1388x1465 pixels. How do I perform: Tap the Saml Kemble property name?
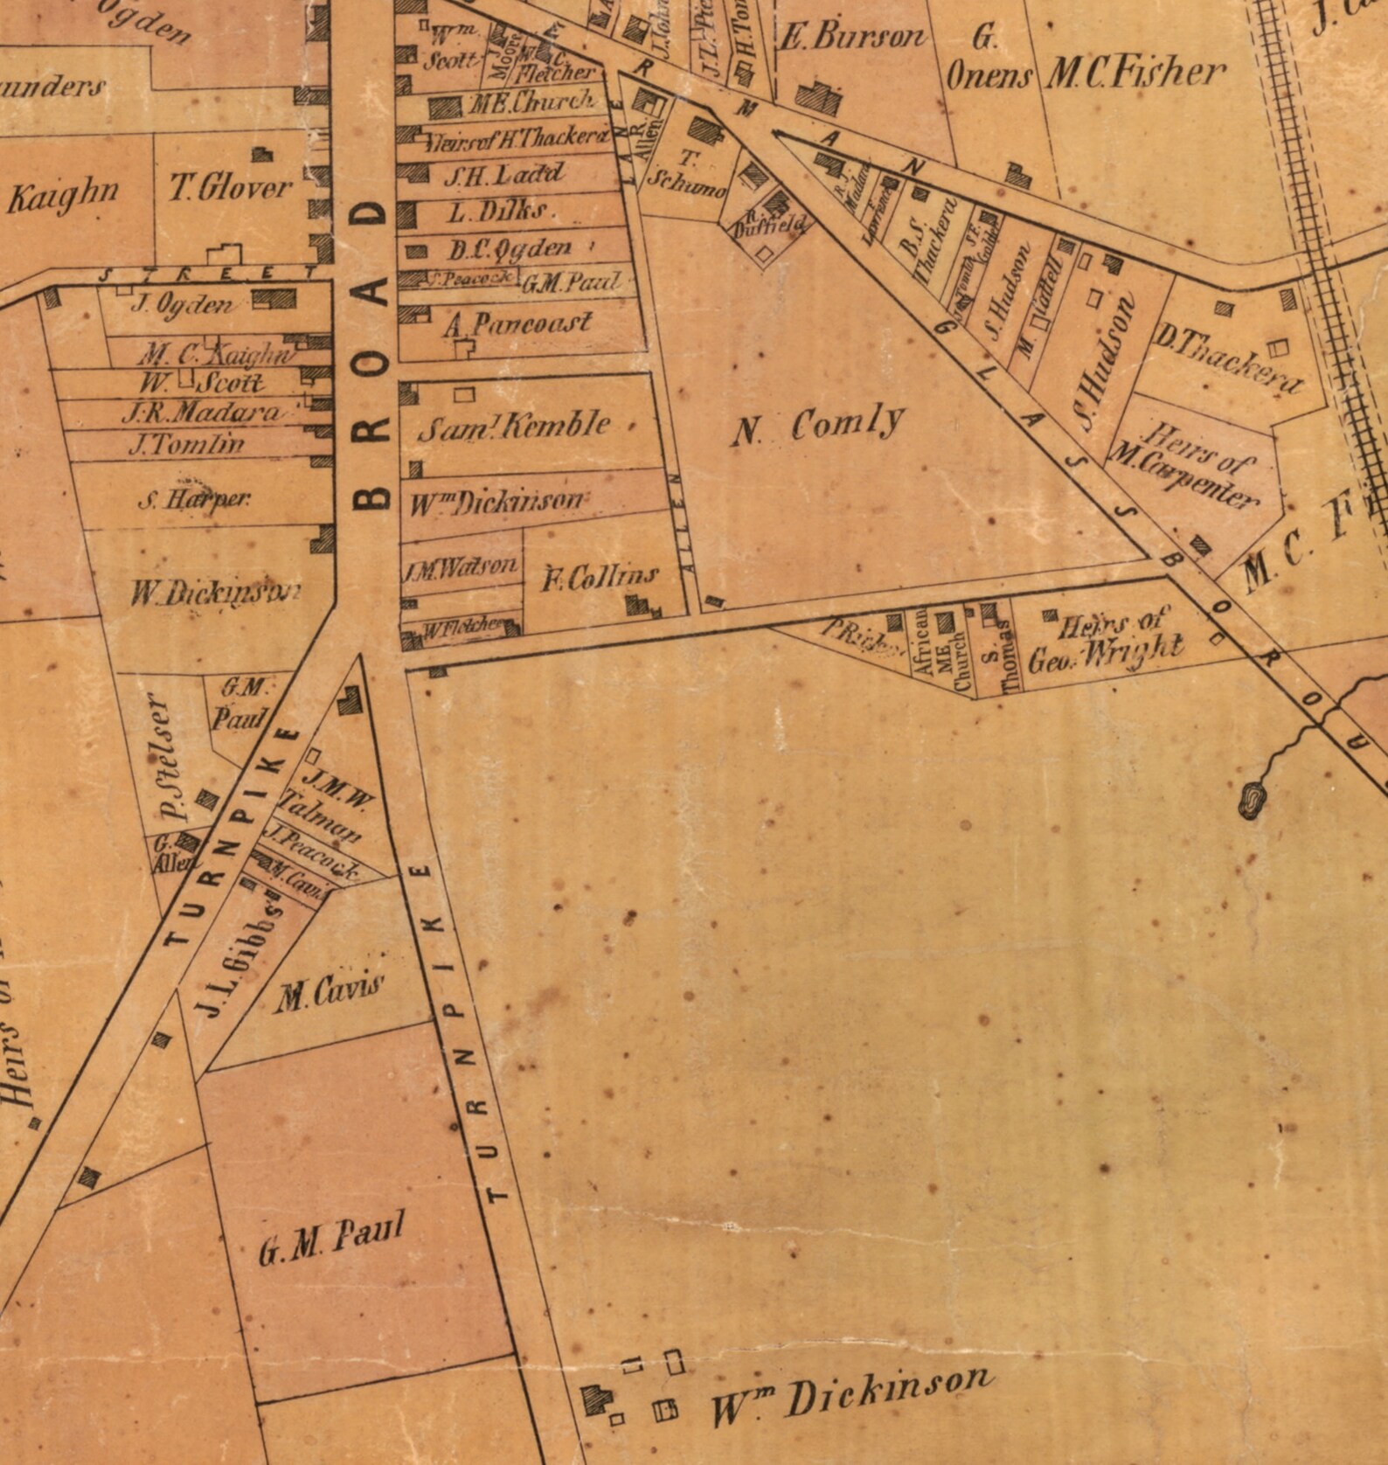514,426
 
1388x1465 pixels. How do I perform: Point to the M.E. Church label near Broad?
531,103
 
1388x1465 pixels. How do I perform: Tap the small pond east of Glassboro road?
1252,798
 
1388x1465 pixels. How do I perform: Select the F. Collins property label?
600,576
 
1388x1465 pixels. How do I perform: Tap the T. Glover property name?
230,189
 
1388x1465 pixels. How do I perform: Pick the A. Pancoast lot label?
517,324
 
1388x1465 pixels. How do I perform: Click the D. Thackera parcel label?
1228,358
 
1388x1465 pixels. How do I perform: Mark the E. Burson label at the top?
850,38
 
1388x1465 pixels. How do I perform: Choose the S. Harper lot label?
195,500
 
